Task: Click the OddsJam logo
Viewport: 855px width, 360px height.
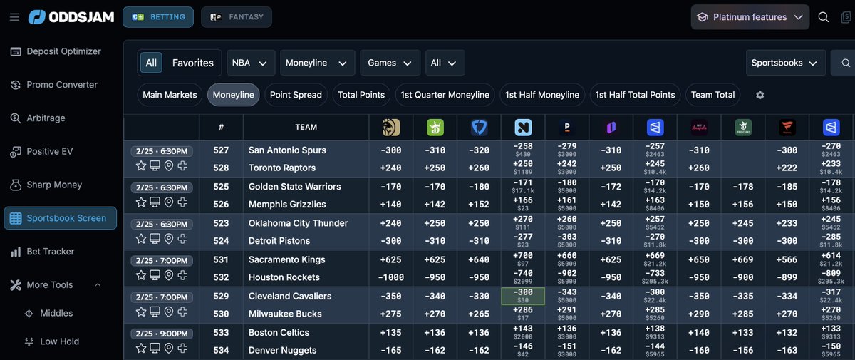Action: tap(71, 17)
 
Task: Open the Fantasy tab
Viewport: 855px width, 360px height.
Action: tap(236, 17)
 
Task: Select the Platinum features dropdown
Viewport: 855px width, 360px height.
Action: tap(750, 17)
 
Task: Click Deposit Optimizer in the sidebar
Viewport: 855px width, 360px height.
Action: tap(63, 51)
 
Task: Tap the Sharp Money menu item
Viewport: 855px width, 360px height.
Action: tap(54, 185)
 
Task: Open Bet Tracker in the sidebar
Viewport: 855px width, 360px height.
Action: tap(51, 252)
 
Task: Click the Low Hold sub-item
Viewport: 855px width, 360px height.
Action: tap(59, 341)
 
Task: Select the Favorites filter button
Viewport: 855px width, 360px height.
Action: tap(192, 63)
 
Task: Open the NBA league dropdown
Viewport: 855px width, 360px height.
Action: tap(250, 63)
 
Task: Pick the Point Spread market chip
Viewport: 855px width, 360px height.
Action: tap(296, 95)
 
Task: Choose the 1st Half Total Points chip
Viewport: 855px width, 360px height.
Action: tap(635, 95)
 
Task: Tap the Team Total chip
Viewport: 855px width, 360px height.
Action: tap(712, 95)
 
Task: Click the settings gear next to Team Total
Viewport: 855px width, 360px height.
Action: tap(760, 95)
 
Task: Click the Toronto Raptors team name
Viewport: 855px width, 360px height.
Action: tap(281, 168)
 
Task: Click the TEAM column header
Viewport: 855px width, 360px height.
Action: tap(306, 128)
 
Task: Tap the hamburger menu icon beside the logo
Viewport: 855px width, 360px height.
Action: tap(14, 17)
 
